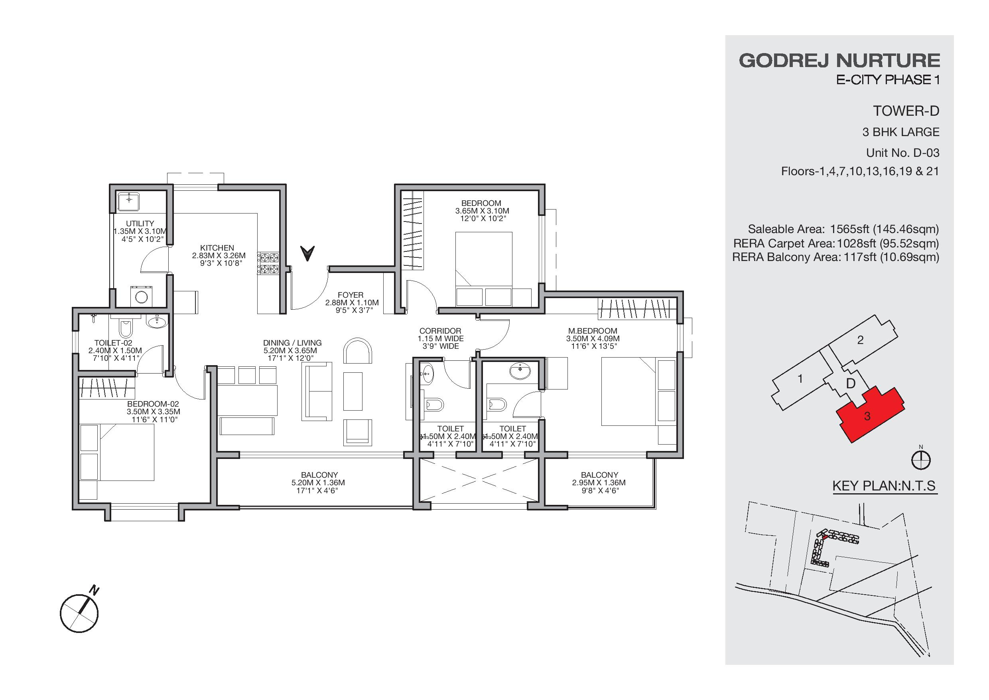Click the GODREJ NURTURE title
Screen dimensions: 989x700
[839, 61]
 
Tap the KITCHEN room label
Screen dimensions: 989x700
[217, 248]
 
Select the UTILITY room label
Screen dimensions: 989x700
[140, 223]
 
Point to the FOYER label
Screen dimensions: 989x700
[351, 295]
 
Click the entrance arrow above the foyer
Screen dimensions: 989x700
[307, 253]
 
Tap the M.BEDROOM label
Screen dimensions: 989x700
[593, 331]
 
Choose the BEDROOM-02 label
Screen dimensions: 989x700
[153, 404]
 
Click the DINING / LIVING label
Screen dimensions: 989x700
[292, 343]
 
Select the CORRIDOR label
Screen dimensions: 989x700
[440, 331]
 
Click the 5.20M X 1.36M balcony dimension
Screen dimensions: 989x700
[318, 483]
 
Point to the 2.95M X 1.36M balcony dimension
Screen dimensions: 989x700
[599, 483]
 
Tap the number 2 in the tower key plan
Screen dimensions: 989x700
[860, 340]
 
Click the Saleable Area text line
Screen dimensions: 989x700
[843, 229]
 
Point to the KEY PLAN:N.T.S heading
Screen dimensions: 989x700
[884, 486]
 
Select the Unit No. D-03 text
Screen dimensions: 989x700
[903, 152]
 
